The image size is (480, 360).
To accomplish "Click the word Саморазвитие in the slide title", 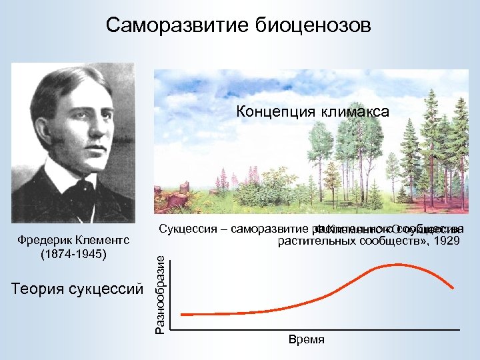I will pyautogui.click(x=177, y=26).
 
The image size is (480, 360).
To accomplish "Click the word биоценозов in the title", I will pyautogui.click(x=311, y=26).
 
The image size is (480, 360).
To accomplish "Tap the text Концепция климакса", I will pyautogui.click(x=313, y=112).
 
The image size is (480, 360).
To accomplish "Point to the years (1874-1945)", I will pyautogui.click(x=73, y=254).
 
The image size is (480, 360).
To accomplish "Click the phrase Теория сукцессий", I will pyautogui.click(x=77, y=288).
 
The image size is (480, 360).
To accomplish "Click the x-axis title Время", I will pyautogui.click(x=307, y=340).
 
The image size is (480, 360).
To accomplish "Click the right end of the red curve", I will pyautogui.click(x=454, y=288).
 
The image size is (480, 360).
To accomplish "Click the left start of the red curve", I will pyautogui.click(x=183, y=314).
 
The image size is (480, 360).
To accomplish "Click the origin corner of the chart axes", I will pyautogui.click(x=170, y=329).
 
